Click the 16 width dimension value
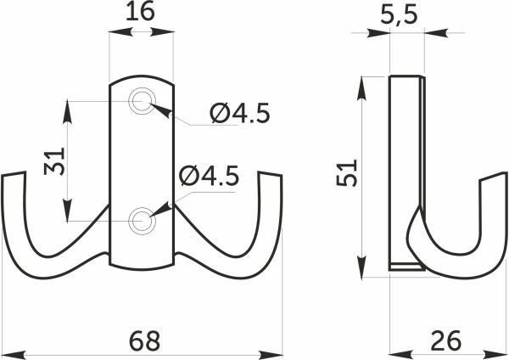point(140,12)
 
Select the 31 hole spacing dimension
point(55,161)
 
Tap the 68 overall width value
point(145,340)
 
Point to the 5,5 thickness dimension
point(399,15)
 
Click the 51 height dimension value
point(347,172)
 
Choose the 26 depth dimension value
point(445,340)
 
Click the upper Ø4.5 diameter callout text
point(239,113)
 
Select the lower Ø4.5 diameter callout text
point(210,176)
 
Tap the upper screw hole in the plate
point(142,101)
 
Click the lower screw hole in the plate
point(142,221)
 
